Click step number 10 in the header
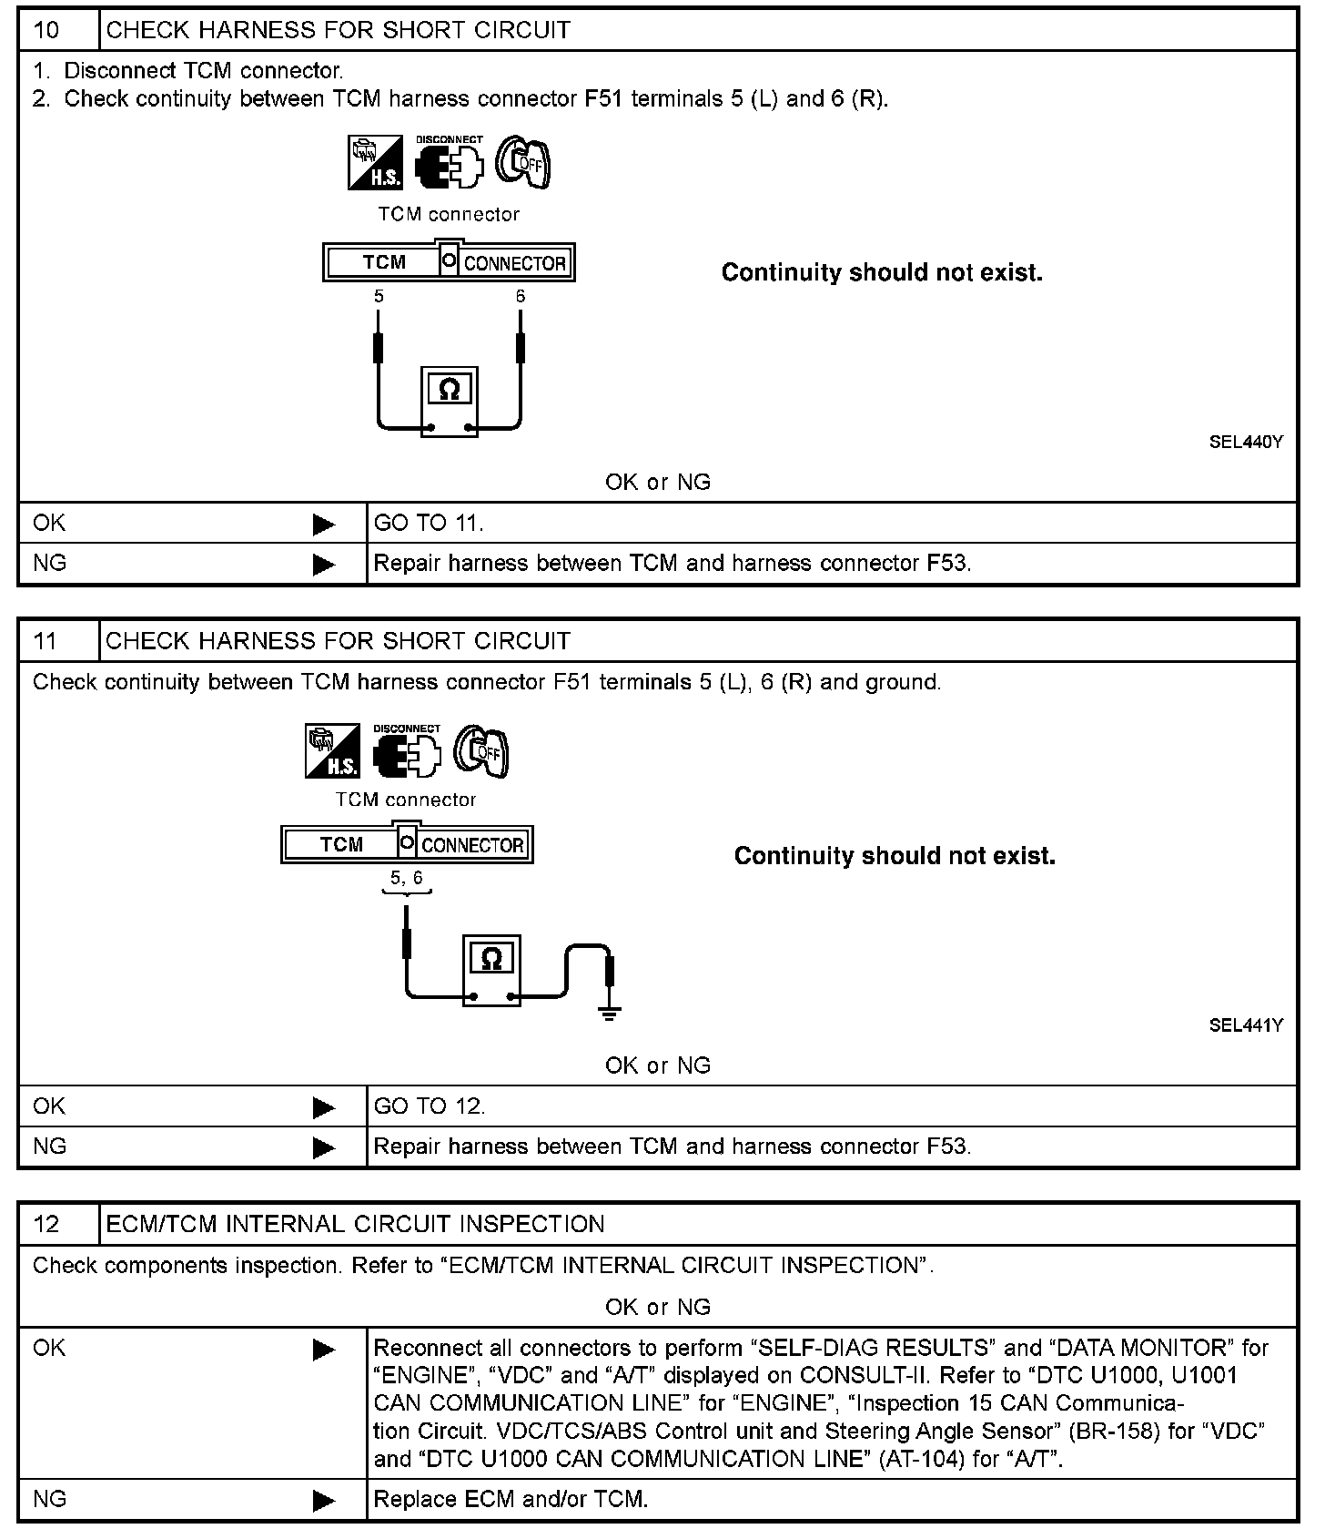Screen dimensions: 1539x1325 [46, 30]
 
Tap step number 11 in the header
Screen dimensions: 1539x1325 [46, 641]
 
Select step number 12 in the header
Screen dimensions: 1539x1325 [46, 1224]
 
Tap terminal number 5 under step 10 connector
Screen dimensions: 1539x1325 [379, 297]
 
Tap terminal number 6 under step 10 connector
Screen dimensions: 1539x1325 [521, 297]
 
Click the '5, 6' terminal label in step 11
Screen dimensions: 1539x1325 [407, 878]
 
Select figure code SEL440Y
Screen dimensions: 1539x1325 [1246, 443]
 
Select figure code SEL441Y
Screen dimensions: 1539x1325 [1246, 1025]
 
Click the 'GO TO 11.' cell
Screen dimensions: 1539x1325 [429, 523]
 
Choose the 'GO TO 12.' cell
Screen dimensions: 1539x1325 [430, 1106]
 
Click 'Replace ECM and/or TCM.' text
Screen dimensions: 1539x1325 [511, 1499]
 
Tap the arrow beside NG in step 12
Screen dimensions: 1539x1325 [323, 1501]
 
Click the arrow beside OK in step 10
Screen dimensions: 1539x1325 [323, 525]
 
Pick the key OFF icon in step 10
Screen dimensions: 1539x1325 [523, 164]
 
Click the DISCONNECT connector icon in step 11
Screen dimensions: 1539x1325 [407, 752]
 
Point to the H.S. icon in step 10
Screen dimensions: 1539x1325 [375, 164]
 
